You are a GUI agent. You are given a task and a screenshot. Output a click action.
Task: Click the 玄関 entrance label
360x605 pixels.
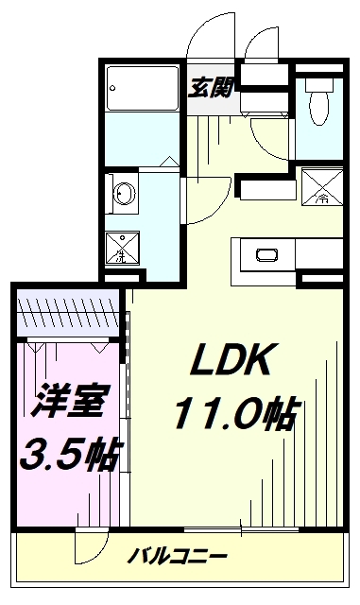[x=209, y=88]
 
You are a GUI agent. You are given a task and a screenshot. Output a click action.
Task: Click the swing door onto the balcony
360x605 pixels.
[x=94, y=548]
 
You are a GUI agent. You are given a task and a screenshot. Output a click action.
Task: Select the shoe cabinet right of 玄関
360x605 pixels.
[x=266, y=86]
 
